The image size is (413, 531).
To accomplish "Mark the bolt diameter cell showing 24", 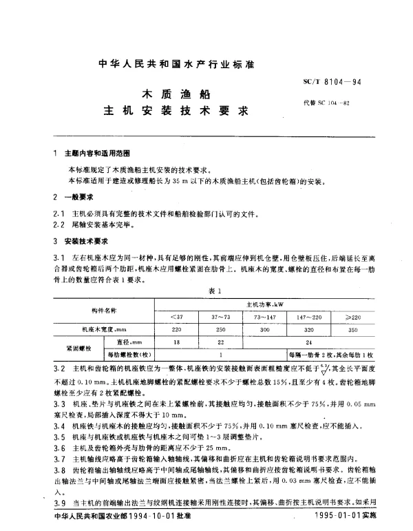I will pyautogui.click(x=308, y=342).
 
